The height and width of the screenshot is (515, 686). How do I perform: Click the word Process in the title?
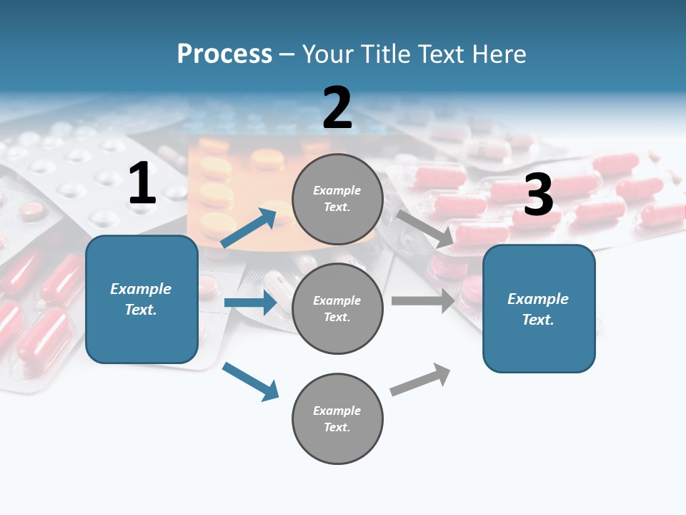pos(224,54)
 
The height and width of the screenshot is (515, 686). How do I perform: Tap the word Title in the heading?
pos(384,54)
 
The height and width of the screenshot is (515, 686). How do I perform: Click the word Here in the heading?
pos(497,54)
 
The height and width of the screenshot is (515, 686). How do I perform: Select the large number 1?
pos(142,184)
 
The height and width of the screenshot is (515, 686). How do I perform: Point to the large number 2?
pos(337,108)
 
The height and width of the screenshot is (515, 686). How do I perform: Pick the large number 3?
pos(538,195)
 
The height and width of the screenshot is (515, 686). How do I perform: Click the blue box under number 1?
pos(141,299)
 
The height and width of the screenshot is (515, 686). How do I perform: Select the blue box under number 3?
pos(539,308)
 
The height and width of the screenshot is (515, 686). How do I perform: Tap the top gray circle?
pos(337,199)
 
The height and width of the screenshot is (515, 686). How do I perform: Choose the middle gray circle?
pos(337,308)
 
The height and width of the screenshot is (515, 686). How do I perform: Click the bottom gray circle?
pos(337,418)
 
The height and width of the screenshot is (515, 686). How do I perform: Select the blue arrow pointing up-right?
pos(249,227)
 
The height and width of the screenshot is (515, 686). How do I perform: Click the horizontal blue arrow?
pos(250,303)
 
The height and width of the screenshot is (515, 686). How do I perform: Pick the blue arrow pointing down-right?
pos(250,381)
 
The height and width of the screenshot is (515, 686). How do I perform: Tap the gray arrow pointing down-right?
pos(424,229)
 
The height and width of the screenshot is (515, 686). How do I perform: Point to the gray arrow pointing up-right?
pos(420,380)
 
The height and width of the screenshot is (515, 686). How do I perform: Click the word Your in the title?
pos(327,54)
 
